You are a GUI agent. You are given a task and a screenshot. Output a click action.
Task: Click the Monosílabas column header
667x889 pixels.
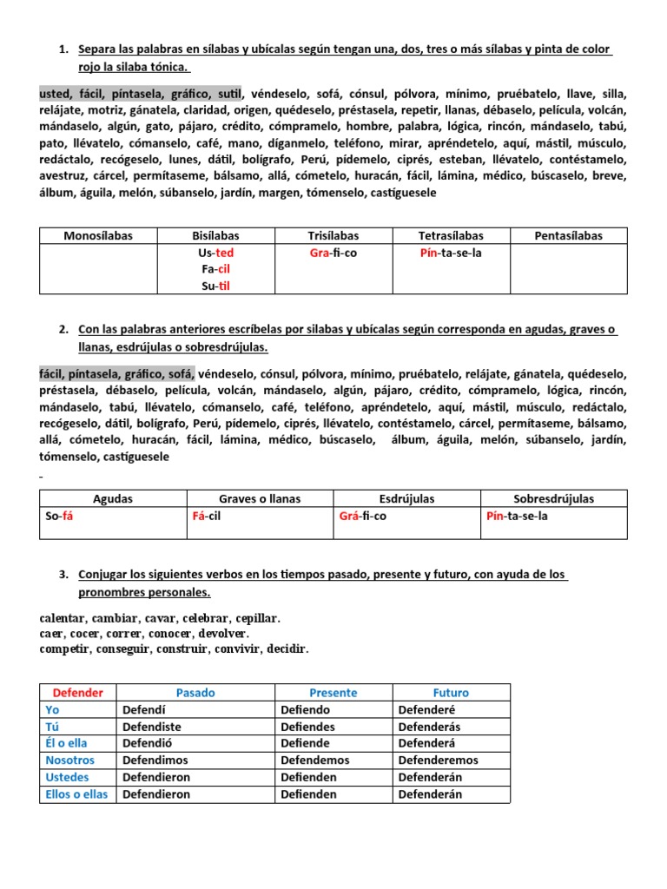[x=98, y=235]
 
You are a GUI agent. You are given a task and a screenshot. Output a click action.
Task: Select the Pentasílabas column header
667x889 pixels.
[x=569, y=235]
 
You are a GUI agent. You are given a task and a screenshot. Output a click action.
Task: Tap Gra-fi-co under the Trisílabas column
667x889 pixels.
[x=333, y=253]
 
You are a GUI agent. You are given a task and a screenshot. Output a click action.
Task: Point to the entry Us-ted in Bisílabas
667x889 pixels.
[x=215, y=253]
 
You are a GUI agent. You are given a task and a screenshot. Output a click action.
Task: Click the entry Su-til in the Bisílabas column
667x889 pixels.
[x=215, y=286]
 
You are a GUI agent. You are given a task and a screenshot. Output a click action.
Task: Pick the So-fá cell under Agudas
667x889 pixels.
[x=59, y=516]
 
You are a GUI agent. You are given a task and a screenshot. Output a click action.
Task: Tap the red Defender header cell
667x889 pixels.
[x=78, y=693]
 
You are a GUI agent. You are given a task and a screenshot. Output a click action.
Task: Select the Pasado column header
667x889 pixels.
[x=195, y=693]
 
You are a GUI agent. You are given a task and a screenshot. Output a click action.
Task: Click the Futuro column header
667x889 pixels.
[x=451, y=693]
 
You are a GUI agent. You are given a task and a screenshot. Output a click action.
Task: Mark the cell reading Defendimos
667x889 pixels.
[x=157, y=761]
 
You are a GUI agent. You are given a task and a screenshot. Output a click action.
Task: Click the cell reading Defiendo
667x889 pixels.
[x=306, y=709]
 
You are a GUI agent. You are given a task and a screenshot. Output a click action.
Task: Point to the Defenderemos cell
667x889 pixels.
[x=438, y=761]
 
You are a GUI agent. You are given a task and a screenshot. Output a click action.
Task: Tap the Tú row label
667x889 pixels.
[x=53, y=727]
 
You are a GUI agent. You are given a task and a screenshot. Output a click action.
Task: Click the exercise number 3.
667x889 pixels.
[x=63, y=575]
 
